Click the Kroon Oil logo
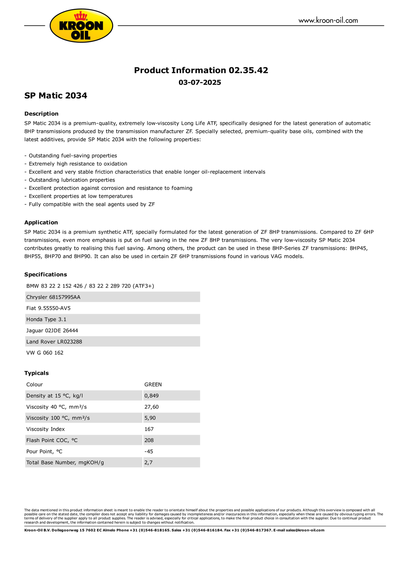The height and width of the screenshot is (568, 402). click(81, 26)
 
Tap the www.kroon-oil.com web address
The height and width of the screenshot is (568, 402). click(328, 20)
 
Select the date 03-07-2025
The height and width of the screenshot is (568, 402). click(200, 82)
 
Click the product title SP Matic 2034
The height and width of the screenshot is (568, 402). click(56, 95)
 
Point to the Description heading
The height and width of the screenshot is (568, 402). click(41, 114)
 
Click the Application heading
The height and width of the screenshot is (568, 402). click(41, 222)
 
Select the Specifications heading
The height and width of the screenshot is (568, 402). click(46, 274)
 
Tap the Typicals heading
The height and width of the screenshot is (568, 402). click(37, 373)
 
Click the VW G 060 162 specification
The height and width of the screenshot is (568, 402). click(45, 353)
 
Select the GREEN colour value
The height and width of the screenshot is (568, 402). click(153, 384)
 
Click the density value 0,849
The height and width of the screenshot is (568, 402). click(151, 396)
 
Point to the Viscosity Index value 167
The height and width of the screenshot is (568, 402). click(149, 429)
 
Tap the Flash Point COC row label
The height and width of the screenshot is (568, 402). click(52, 440)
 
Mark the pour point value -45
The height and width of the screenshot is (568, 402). click(149, 451)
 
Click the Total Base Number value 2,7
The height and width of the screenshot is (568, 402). click(148, 463)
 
